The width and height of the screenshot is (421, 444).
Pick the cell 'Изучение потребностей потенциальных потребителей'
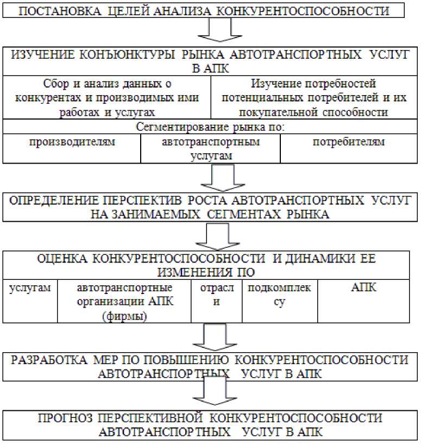coord(313,98)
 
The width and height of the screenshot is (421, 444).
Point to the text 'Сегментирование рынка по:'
coord(211,127)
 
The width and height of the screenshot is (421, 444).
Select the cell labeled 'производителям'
coord(72,142)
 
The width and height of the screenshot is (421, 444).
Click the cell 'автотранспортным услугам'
coord(211,148)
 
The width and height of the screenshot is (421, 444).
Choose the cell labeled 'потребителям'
coord(349,142)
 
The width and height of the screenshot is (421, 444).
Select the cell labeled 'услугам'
coord(30,288)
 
